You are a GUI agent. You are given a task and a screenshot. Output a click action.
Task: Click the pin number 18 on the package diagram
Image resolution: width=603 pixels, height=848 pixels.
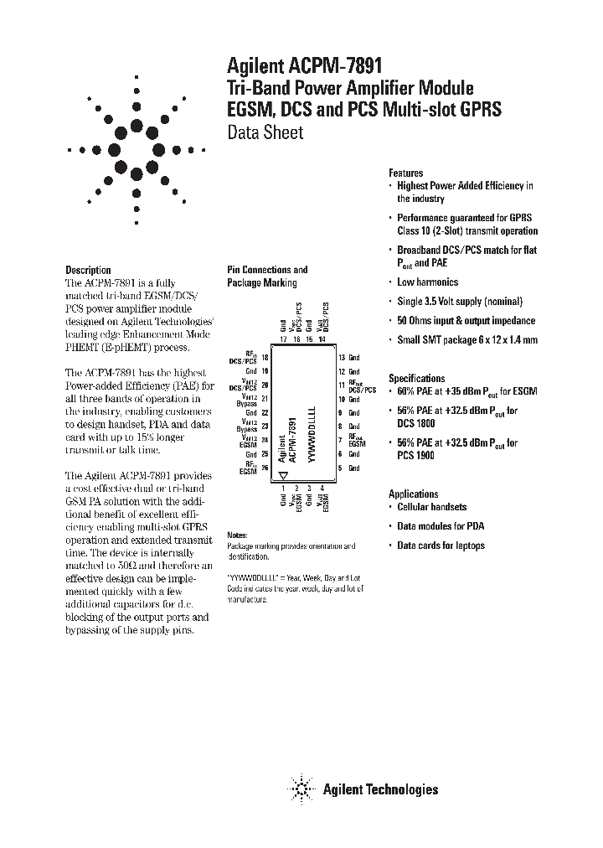[x=265, y=358]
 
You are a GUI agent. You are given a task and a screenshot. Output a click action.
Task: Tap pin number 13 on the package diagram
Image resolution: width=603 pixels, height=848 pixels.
[x=341, y=358]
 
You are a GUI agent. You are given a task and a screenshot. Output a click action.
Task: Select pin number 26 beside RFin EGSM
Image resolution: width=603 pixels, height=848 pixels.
[x=265, y=468]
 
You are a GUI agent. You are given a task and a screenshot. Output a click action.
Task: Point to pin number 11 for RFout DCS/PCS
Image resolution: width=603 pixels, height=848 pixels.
[x=341, y=385]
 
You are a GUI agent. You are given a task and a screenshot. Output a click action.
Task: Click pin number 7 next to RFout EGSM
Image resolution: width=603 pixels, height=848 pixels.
[x=341, y=440]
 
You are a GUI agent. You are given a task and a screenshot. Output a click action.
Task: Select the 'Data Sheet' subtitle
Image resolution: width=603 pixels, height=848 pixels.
[x=265, y=133]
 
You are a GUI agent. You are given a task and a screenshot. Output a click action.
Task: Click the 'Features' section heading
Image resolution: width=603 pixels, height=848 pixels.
[x=406, y=173]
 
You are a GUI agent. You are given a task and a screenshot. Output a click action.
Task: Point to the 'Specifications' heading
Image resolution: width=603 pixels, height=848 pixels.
[x=417, y=379]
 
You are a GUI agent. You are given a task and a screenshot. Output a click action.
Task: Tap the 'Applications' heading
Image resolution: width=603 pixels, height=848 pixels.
[x=414, y=494]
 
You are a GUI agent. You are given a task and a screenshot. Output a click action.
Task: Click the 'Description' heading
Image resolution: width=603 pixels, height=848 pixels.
[x=88, y=270]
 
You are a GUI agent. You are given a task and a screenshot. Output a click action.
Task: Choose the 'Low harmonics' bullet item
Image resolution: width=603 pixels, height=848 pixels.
[x=427, y=282]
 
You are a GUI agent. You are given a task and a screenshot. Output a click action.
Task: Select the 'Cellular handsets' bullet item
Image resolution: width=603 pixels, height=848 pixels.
[x=432, y=507]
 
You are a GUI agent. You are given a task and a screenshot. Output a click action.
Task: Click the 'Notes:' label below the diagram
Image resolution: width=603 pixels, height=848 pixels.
[x=238, y=535]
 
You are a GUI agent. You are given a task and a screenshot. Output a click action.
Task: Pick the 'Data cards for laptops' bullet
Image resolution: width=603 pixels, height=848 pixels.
[x=441, y=546]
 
